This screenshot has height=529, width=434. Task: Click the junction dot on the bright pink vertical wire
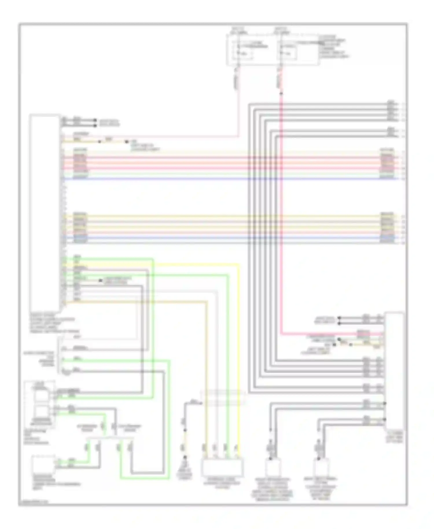pos(281,93)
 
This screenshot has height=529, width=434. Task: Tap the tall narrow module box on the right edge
pos(394,370)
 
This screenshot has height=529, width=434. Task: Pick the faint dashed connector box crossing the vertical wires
pos(223,398)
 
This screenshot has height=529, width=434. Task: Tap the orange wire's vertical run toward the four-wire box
pos(207,376)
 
